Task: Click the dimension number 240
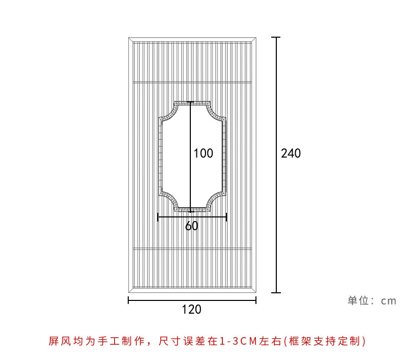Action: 291,153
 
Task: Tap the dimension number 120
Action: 191,309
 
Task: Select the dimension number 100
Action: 203,153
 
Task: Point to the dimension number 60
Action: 191,226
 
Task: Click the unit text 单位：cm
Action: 371,300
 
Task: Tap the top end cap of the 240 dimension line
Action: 276,37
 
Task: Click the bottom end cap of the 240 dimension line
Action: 276,292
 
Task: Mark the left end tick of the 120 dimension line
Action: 128,300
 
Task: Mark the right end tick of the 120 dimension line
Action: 256,300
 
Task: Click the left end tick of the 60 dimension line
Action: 158,217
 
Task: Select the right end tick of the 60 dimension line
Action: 226,217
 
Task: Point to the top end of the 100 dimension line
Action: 191,102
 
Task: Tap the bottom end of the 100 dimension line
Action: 191,211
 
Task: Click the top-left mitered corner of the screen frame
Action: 130,40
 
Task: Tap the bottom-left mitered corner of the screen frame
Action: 130,290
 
